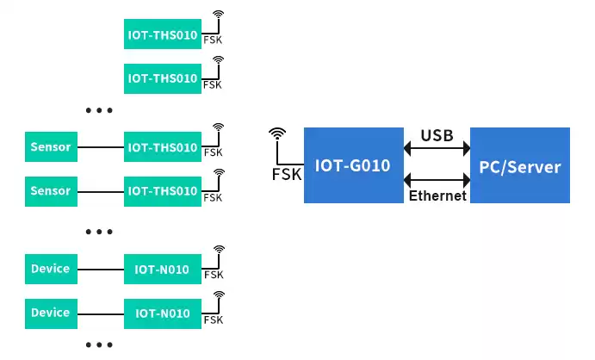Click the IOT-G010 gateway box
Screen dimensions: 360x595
354,164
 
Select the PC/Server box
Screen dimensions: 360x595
519,165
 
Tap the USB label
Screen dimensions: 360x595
437,135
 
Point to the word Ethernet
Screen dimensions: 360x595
437,196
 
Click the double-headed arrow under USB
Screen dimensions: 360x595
437,150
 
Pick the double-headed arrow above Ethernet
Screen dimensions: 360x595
437,180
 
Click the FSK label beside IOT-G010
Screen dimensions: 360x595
286,174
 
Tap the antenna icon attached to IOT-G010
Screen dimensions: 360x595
276,135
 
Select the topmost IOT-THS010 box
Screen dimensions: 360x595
163,33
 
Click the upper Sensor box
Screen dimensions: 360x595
50,146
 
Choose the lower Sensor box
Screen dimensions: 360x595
50,189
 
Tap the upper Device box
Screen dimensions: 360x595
50,269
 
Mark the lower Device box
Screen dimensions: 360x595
50,312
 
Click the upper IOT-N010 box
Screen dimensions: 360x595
163,269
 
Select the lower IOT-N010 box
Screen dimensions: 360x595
163,312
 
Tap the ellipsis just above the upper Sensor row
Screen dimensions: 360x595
99,110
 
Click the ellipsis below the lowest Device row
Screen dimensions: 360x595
99,344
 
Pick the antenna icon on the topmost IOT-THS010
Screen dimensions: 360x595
219,16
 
